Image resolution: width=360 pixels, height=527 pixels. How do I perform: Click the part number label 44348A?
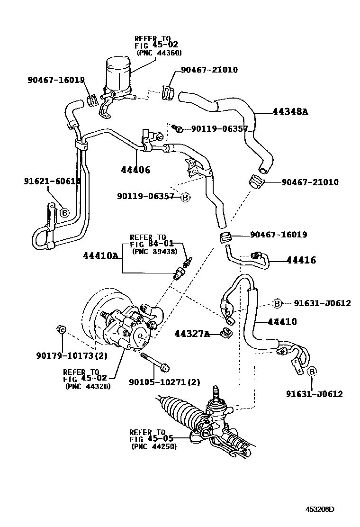coord(290,112)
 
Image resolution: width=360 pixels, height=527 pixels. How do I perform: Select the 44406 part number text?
coord(135,169)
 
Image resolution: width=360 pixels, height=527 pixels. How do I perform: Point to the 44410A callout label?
coord(100,256)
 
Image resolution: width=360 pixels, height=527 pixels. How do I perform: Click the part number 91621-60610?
coord(52,181)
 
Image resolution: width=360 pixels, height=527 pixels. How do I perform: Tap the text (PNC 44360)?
coord(159,53)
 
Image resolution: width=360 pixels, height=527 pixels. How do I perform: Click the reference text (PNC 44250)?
coord(154,446)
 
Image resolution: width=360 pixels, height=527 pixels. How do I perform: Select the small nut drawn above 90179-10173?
coord(61,330)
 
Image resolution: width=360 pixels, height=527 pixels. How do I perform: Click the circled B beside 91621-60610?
coord(64,213)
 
